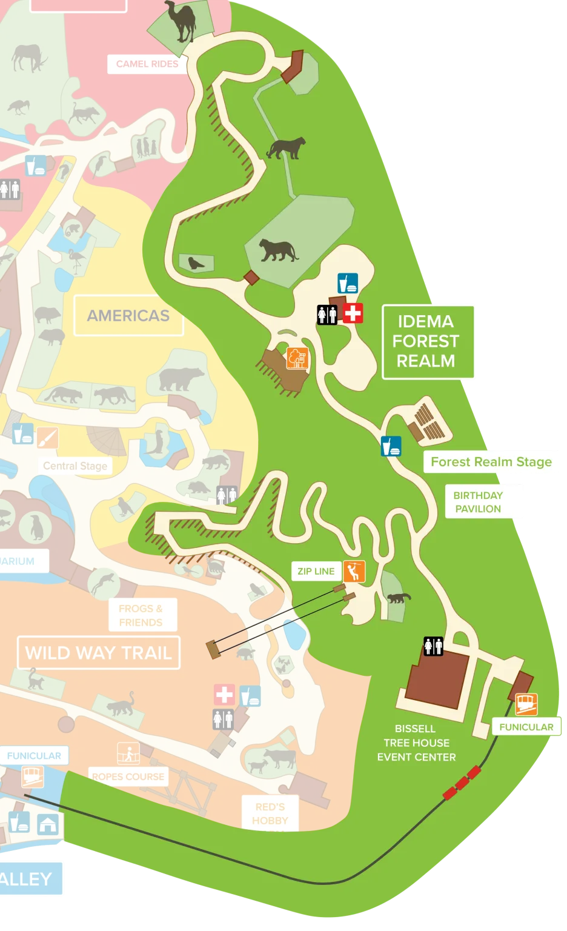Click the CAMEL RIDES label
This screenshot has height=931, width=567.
point(147,64)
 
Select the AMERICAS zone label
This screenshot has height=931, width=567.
point(128,315)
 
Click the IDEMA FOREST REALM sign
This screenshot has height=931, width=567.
point(426,341)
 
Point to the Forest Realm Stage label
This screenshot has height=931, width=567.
point(491,462)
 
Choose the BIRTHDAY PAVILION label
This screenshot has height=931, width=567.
point(479,502)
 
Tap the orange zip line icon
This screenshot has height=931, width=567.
point(354,571)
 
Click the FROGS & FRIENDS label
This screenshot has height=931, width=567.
point(141,615)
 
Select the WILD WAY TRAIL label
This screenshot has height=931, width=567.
point(99,653)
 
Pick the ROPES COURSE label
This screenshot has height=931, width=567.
point(128,776)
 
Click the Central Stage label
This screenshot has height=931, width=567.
point(75,465)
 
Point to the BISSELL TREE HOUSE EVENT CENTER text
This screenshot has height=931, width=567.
point(416,742)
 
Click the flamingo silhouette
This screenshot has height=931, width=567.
point(77,260)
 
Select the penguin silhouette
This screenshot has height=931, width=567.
point(36,527)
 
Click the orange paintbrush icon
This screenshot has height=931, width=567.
point(47,437)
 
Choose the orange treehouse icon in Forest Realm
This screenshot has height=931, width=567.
point(297,358)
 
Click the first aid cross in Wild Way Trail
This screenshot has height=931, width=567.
point(224,695)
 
